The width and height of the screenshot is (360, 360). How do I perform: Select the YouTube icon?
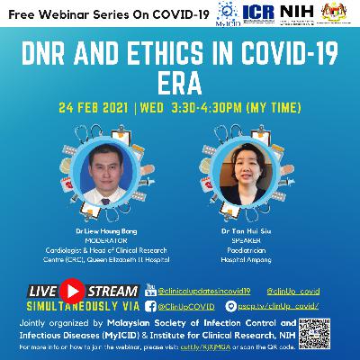point(149,291)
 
